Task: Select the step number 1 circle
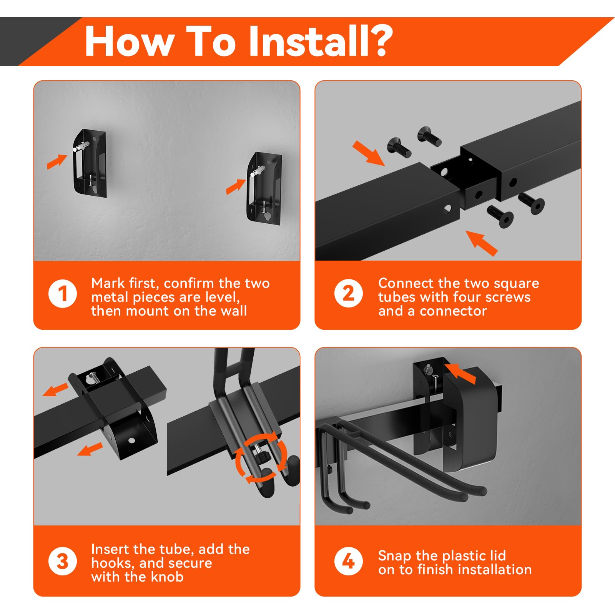click(x=63, y=294)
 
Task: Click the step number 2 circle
click(x=348, y=294)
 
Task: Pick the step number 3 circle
click(x=63, y=561)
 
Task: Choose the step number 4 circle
click(x=348, y=561)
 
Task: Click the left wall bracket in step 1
click(x=89, y=163)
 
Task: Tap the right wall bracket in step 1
click(x=264, y=188)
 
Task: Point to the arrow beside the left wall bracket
click(x=57, y=161)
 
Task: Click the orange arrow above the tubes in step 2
click(x=368, y=153)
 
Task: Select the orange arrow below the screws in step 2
click(x=482, y=243)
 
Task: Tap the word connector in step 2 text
click(x=453, y=311)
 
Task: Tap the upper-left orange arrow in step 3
click(x=56, y=390)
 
